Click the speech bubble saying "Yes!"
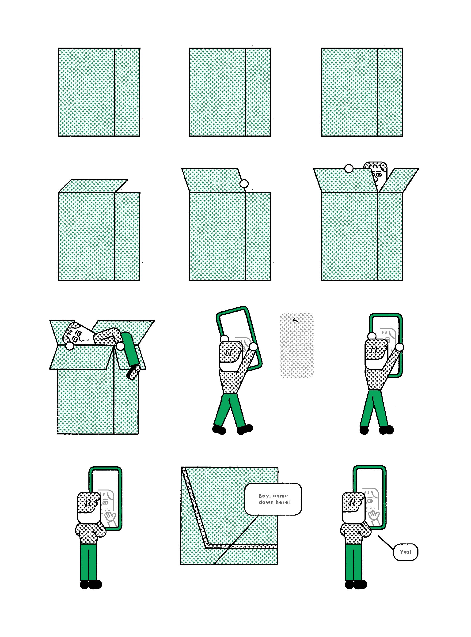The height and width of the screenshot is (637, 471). click(x=405, y=552)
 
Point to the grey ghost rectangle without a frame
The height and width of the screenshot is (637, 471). click(x=296, y=345)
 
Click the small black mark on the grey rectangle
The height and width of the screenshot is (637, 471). click(x=295, y=320)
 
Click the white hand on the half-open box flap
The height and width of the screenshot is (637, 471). click(x=244, y=184)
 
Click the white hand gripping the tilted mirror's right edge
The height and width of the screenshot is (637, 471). click(x=253, y=347)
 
